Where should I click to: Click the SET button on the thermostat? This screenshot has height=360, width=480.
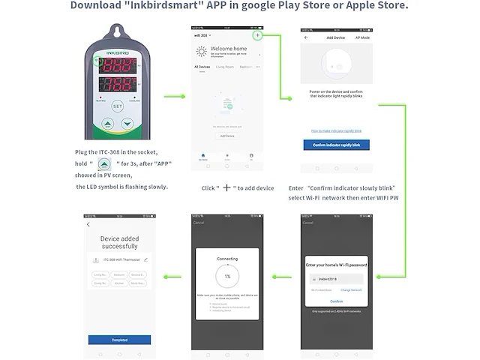116,106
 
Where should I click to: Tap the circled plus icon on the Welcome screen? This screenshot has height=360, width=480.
257,35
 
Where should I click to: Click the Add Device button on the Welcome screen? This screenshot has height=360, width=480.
226,136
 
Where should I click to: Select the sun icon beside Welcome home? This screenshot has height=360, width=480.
201,51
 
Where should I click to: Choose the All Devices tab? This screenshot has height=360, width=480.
202,67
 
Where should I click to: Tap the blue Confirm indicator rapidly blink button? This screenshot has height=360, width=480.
336,145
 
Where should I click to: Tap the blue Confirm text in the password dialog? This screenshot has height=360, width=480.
336,301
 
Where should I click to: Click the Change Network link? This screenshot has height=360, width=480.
351,289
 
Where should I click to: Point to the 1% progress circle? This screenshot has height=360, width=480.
227,275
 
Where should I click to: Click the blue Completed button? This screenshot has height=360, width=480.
119,339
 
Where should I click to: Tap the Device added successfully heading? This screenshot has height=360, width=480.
119,242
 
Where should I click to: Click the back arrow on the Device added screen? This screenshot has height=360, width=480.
88,224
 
